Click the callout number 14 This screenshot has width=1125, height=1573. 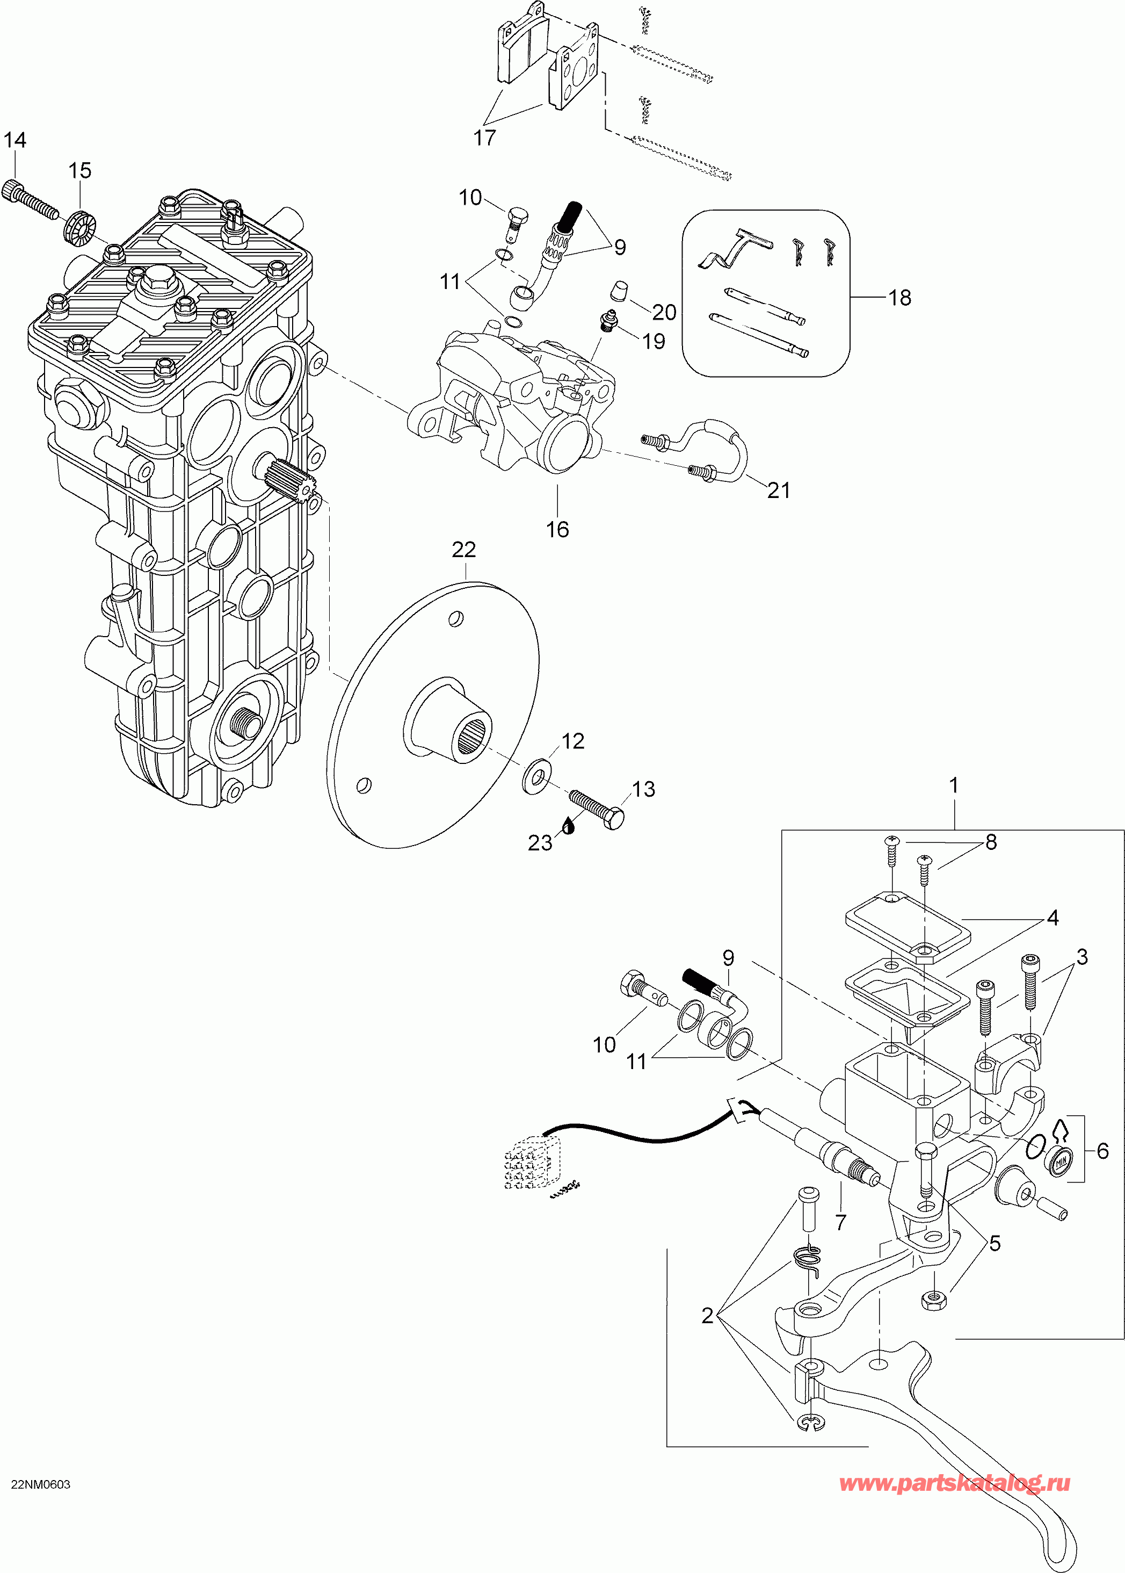14,140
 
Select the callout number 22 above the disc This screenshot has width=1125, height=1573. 463,550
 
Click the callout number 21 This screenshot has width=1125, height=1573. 779,490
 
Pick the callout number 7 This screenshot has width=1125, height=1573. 840,1222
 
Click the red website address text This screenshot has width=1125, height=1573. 955,1483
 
